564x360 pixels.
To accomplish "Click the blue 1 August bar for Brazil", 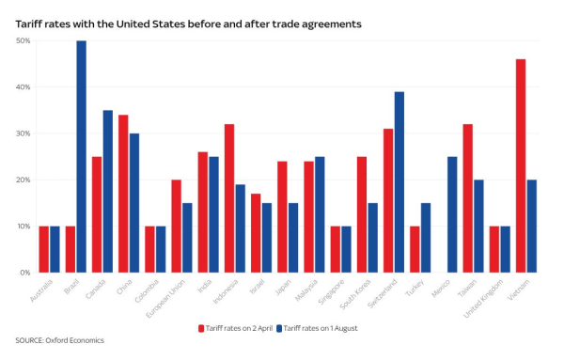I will tap(81, 157).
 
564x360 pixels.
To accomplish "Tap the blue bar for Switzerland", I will tap(399, 182).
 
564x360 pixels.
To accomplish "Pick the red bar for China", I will tap(123, 194).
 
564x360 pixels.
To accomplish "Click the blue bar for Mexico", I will tap(452, 214).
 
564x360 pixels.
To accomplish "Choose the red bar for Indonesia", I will tap(228, 198).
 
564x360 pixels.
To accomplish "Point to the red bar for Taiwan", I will tap(467, 198).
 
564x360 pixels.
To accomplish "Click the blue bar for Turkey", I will tap(425, 238).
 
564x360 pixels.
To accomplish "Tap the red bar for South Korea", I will tap(361, 214).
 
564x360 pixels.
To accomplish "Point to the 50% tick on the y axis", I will tap(23, 41).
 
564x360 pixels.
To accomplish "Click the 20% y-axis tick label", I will tap(23, 180).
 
